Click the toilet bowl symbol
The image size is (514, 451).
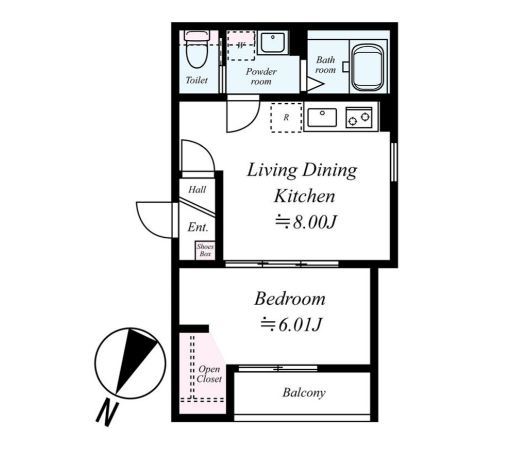[196, 49]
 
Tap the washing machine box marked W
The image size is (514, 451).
[241, 46]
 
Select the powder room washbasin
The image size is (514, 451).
[273, 42]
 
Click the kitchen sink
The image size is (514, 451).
[322, 117]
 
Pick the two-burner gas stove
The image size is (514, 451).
[359, 117]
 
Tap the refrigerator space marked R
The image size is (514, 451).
[286, 117]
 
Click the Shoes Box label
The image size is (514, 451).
[205, 250]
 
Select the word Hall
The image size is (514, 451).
[197, 189]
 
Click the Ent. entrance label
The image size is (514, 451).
[198, 227]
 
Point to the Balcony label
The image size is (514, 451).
[304, 393]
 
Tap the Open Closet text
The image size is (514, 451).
[209, 374]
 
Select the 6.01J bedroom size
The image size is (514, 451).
[291, 325]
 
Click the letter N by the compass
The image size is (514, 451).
[107, 413]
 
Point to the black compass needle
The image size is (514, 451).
[135, 359]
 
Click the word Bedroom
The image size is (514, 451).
[290, 299]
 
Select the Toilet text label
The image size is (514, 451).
[196, 80]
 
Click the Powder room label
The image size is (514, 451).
[261, 76]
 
